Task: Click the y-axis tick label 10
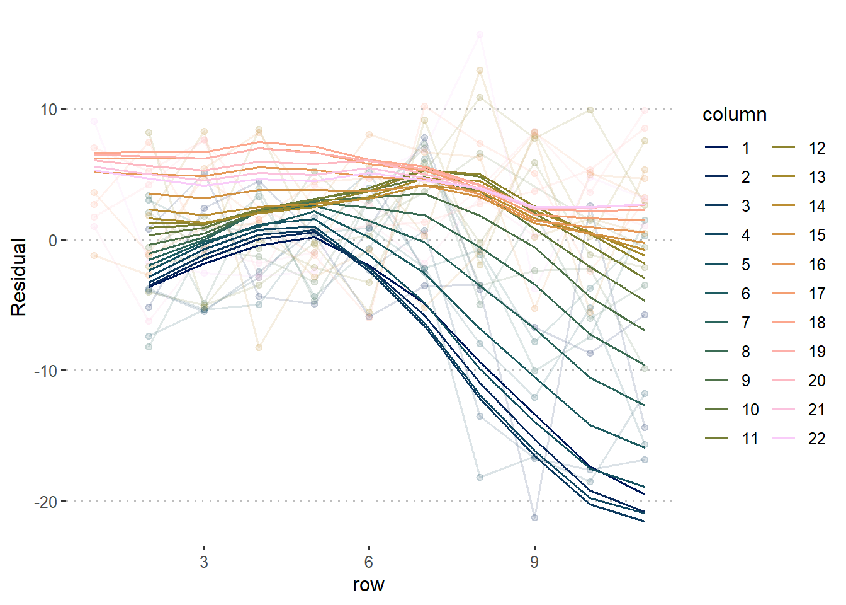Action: (48, 110)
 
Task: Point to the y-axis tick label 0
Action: (52, 240)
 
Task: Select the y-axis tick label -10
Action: (45, 371)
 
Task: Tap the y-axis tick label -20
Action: (45, 502)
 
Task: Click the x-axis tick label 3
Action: (204, 562)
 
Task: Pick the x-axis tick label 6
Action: (369, 562)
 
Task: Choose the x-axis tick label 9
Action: (534, 562)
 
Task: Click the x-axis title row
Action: (368, 585)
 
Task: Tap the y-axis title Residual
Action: (18, 277)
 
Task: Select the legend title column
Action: (735, 115)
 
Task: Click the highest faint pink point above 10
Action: (480, 34)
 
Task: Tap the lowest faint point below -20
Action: (534, 517)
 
